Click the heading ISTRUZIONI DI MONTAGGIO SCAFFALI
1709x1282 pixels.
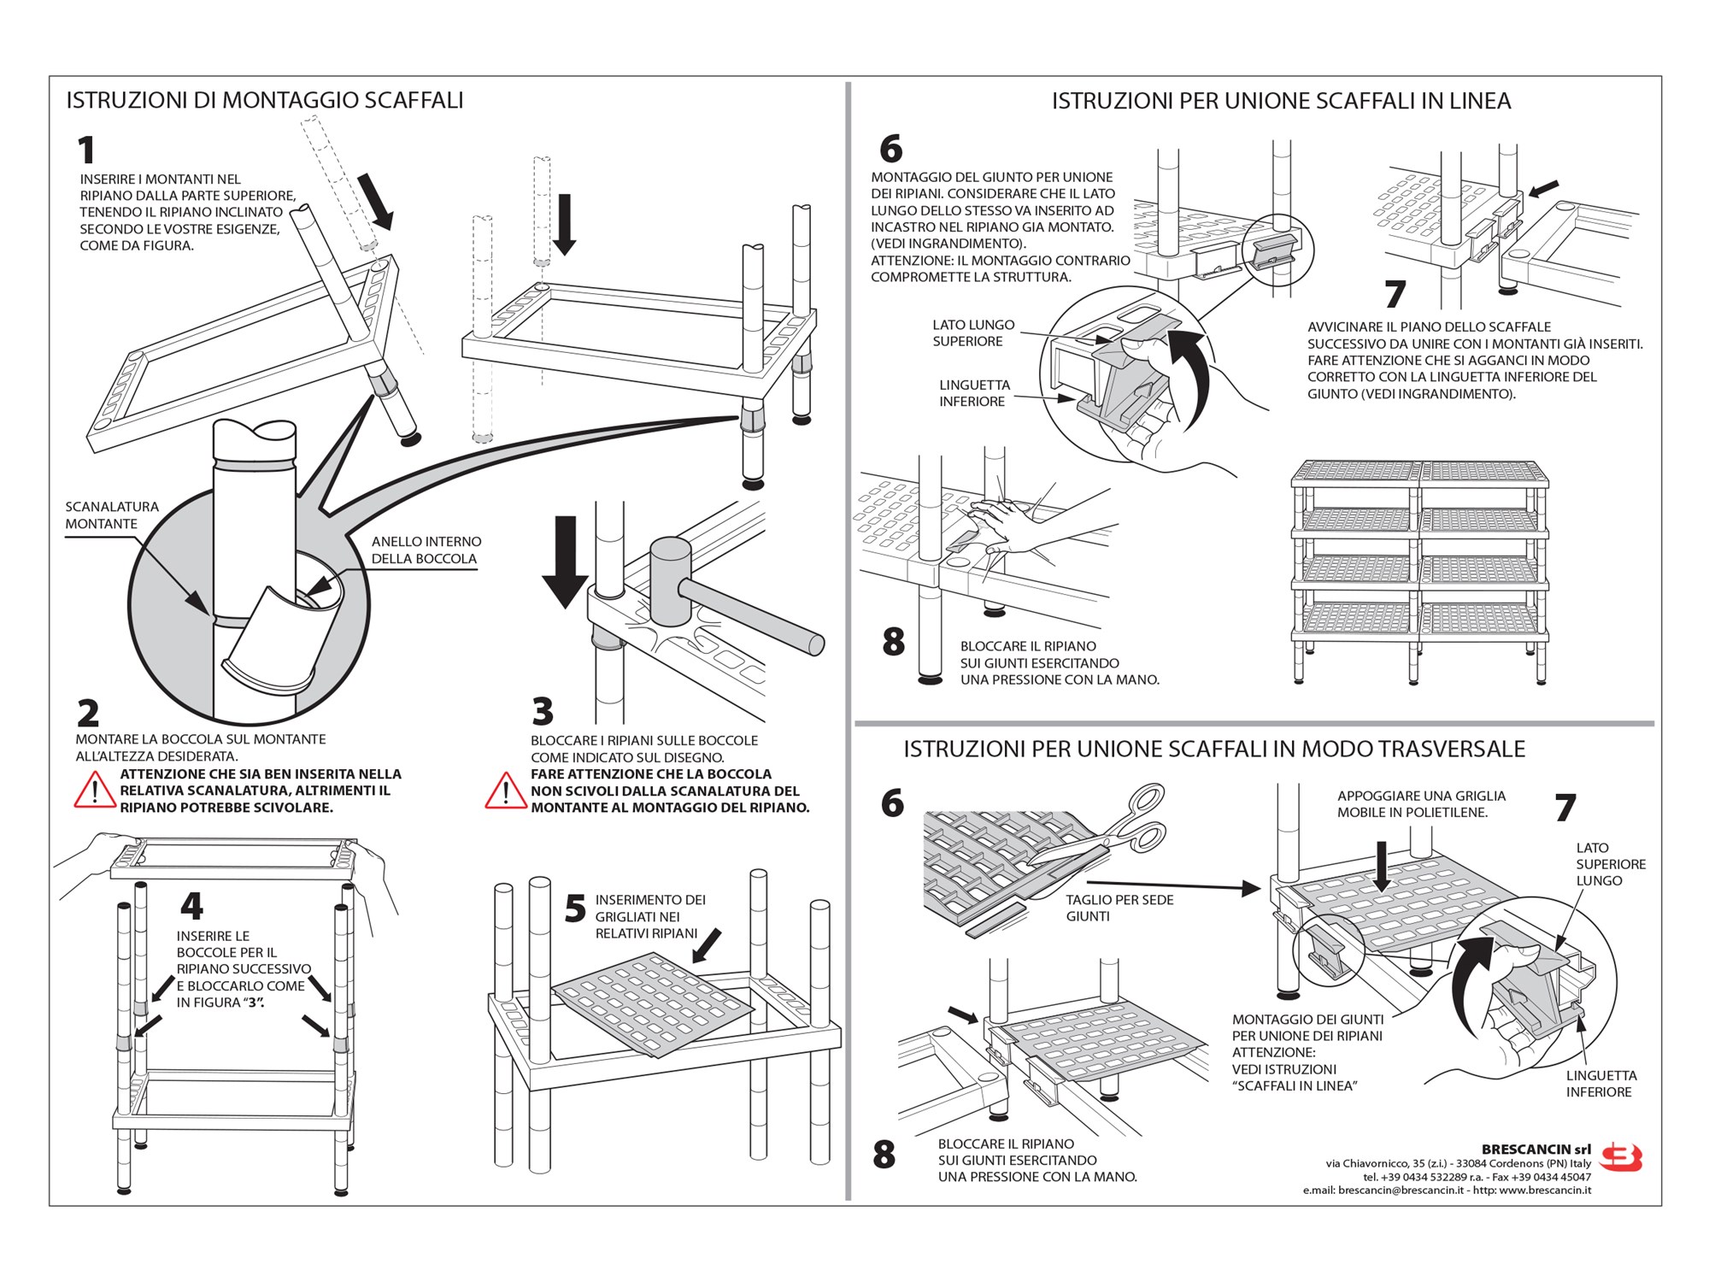click(265, 101)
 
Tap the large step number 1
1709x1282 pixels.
click(86, 150)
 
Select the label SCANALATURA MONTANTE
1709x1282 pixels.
click(112, 515)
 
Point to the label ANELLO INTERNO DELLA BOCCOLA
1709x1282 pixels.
click(426, 550)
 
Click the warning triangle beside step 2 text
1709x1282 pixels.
click(94, 791)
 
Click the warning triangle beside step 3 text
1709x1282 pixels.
click(505, 791)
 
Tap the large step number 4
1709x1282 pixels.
click(191, 906)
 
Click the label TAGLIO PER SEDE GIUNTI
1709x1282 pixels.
click(1119, 908)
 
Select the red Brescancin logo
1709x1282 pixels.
click(1621, 1158)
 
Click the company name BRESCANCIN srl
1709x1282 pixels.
click(1536, 1150)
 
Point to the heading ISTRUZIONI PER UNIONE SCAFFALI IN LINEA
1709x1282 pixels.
click(1281, 102)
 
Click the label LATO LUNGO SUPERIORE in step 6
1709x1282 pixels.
click(972, 333)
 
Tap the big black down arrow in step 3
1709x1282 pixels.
click(565, 561)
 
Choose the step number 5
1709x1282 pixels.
click(575, 909)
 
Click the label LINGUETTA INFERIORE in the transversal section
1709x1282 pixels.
click(1600, 1084)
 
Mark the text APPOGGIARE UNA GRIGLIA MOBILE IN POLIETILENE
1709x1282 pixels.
click(1421, 804)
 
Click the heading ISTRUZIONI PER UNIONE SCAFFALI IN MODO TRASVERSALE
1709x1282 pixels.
click(1213, 750)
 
